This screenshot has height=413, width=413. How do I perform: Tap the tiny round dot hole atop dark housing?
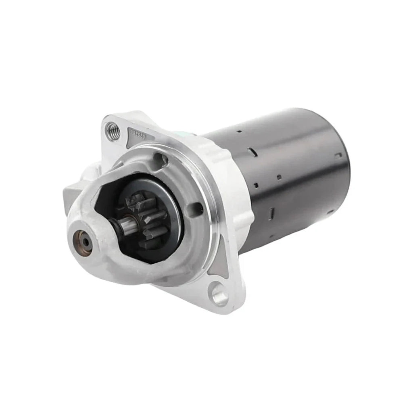(x=239, y=131)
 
